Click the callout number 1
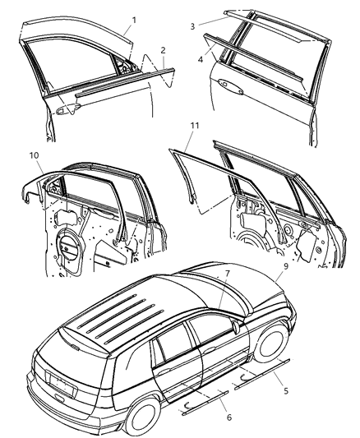pyautogui.click(x=135, y=18)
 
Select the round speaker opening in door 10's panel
pyautogui.click(x=70, y=247)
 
